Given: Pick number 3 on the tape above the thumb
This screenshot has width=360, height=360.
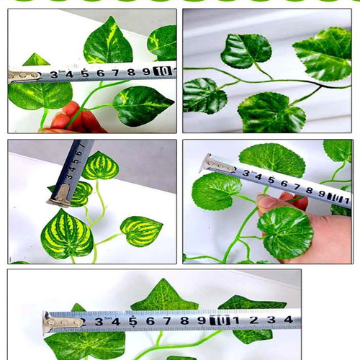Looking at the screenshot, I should coord(246,174).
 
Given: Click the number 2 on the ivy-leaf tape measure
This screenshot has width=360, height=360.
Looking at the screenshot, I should coord(253,320).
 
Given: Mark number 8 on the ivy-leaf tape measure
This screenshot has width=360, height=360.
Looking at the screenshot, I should coord(184,320).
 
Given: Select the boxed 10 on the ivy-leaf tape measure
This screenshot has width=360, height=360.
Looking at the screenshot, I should coord(219,320).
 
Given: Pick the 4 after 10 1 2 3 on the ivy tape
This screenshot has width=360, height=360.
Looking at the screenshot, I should coord(288,319).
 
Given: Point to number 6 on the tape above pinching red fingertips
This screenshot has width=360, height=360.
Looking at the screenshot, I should coord(100,73).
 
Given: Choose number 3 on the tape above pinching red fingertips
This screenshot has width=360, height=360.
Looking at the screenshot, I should coord(54,74).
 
